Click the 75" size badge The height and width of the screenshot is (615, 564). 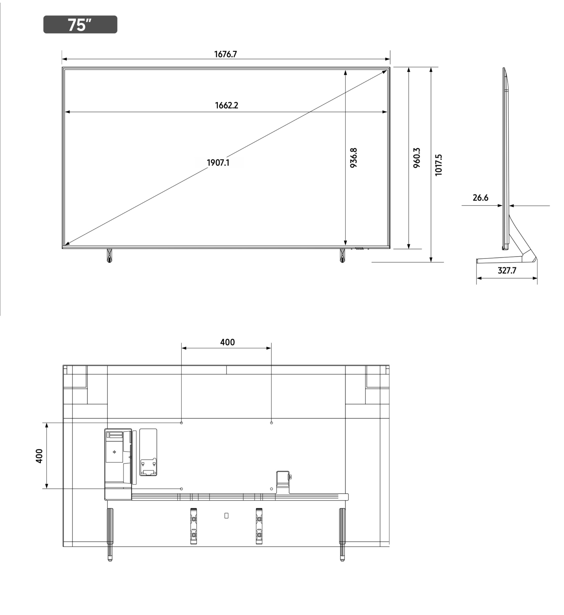tap(80, 24)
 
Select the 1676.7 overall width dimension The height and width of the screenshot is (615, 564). tap(226, 54)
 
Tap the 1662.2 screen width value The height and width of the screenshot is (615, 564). tap(226, 106)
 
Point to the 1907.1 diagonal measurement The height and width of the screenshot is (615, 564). tap(218, 163)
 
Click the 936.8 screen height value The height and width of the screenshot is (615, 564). tap(353, 158)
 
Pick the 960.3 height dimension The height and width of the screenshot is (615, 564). tap(417, 158)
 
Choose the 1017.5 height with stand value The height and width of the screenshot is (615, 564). tap(438, 165)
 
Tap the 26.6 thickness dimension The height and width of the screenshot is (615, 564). tap(480, 198)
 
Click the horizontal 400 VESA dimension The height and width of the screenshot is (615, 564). tap(227, 342)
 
